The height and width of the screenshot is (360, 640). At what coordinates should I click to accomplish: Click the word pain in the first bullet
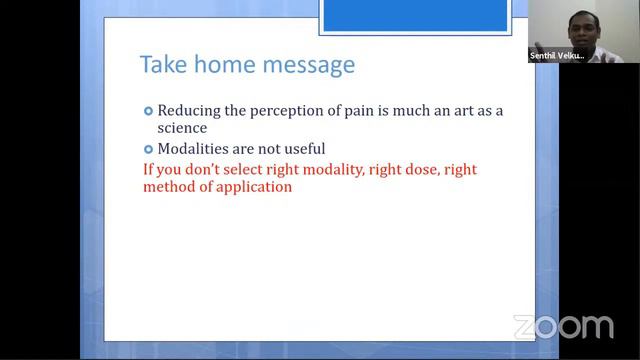point(369,110)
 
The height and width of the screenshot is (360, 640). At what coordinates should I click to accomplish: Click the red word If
point(149,169)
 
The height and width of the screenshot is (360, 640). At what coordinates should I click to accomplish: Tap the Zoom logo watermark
point(563,327)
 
